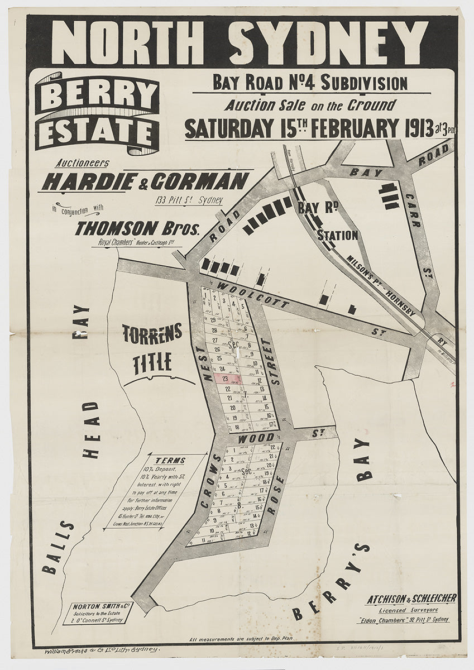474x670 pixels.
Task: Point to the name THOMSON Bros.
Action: point(137,229)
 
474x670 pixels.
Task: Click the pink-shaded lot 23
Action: point(228,379)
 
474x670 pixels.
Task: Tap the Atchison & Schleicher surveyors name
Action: point(411,599)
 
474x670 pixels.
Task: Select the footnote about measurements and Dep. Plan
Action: point(241,639)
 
